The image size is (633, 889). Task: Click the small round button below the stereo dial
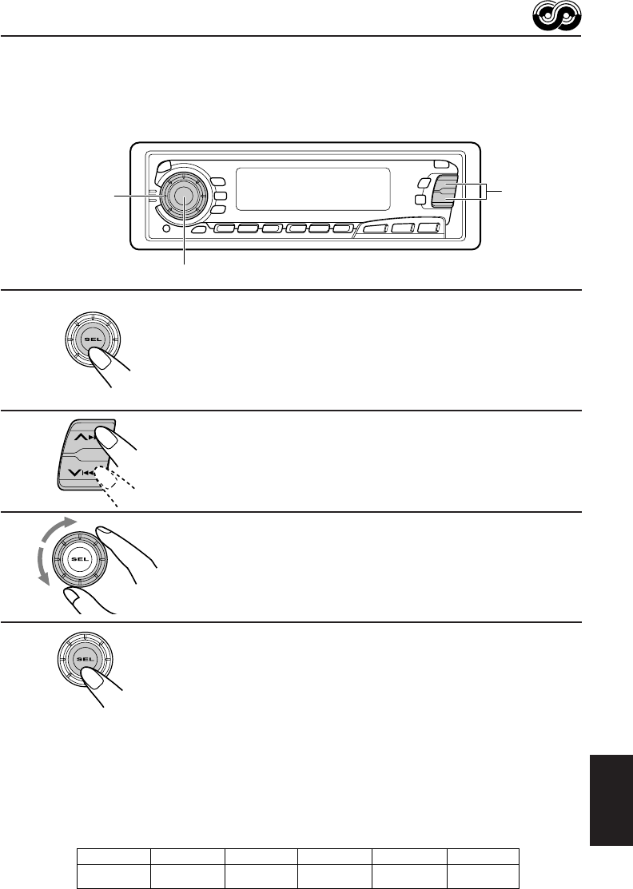[x=165, y=230]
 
